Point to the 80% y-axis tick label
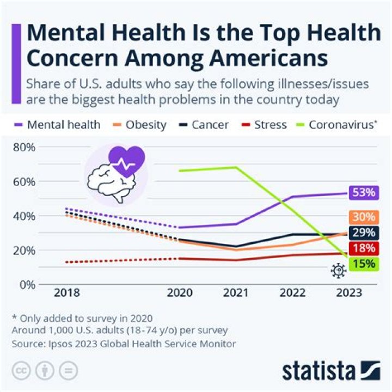click(x=24, y=147)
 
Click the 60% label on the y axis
click(x=24, y=181)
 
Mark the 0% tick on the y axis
click(x=27, y=284)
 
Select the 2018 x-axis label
click(x=66, y=293)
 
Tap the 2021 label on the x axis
click(x=236, y=293)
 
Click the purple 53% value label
click(x=364, y=192)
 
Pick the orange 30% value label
click(x=364, y=217)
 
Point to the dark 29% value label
click(x=364, y=233)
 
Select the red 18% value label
click(x=364, y=249)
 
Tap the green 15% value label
click(x=364, y=265)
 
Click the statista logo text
click(x=318, y=371)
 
